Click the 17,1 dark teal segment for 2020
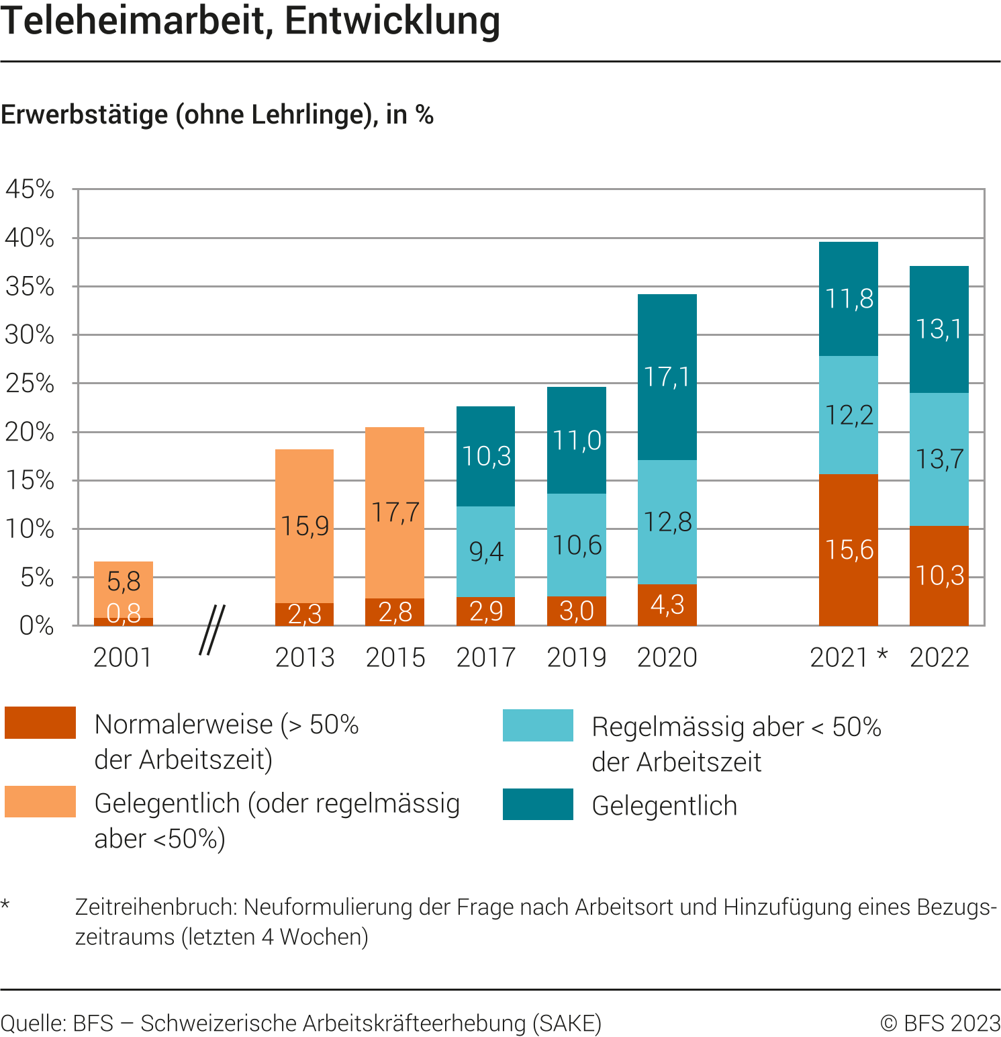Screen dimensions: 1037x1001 (667, 377)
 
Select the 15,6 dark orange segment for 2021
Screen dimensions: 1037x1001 (849, 549)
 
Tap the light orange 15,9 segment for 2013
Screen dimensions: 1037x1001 (304, 526)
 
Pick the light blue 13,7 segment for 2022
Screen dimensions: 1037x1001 (939, 459)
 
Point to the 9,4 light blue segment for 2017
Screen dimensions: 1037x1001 (485, 551)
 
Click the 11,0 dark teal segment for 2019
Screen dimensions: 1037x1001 (576, 441)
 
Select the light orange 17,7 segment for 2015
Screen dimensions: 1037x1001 (395, 512)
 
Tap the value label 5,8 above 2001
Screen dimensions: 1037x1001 (124, 581)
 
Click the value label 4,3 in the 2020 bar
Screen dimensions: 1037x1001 (667, 604)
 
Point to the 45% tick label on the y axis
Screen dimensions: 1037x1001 (30, 189)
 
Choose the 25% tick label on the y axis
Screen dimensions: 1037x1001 (30, 384)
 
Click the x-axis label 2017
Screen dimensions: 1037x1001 (485, 658)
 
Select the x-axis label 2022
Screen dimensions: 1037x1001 (939, 658)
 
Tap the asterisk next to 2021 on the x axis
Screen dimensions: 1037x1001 (882, 654)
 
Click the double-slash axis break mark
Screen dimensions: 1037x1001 (212, 630)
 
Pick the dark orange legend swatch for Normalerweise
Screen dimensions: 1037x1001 (40, 723)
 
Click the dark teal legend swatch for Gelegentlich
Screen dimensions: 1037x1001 (538, 805)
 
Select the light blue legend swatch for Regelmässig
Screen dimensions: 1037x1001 (538, 725)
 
